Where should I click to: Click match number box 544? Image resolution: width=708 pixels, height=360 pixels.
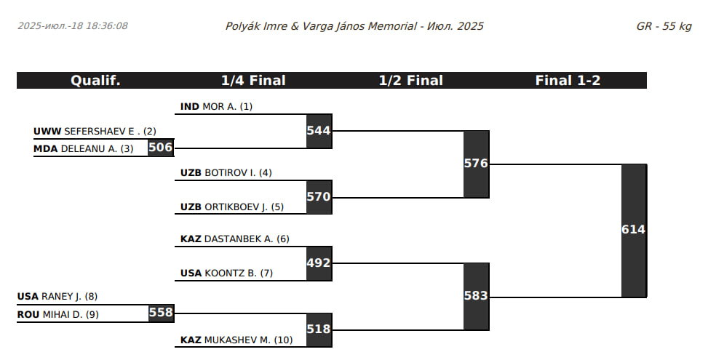[x=319, y=131]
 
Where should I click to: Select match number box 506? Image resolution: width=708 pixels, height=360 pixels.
[x=160, y=148]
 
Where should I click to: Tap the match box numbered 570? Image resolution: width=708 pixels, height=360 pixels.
[x=319, y=196]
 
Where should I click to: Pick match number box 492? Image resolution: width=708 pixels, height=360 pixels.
[x=319, y=263]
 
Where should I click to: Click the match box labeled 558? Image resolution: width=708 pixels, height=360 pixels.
[x=160, y=313]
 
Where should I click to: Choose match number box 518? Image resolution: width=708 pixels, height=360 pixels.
[x=319, y=329]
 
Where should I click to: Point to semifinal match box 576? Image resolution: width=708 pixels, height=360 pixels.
[x=476, y=164]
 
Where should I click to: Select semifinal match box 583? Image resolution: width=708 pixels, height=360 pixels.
[x=476, y=296]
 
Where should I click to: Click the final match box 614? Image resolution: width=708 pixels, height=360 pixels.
[x=633, y=230]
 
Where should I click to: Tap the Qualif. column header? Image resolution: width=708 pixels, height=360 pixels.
[x=95, y=81]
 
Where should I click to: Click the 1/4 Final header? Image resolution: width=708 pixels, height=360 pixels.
[x=253, y=81]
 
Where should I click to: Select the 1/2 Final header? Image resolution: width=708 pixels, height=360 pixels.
[x=410, y=81]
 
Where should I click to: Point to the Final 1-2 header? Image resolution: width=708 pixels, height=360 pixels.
[x=568, y=81]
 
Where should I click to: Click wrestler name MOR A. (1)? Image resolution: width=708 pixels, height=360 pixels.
[x=227, y=107]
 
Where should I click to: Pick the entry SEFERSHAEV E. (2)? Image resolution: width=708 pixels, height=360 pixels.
[x=110, y=132]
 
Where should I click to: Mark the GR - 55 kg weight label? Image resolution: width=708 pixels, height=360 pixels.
[x=663, y=26]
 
